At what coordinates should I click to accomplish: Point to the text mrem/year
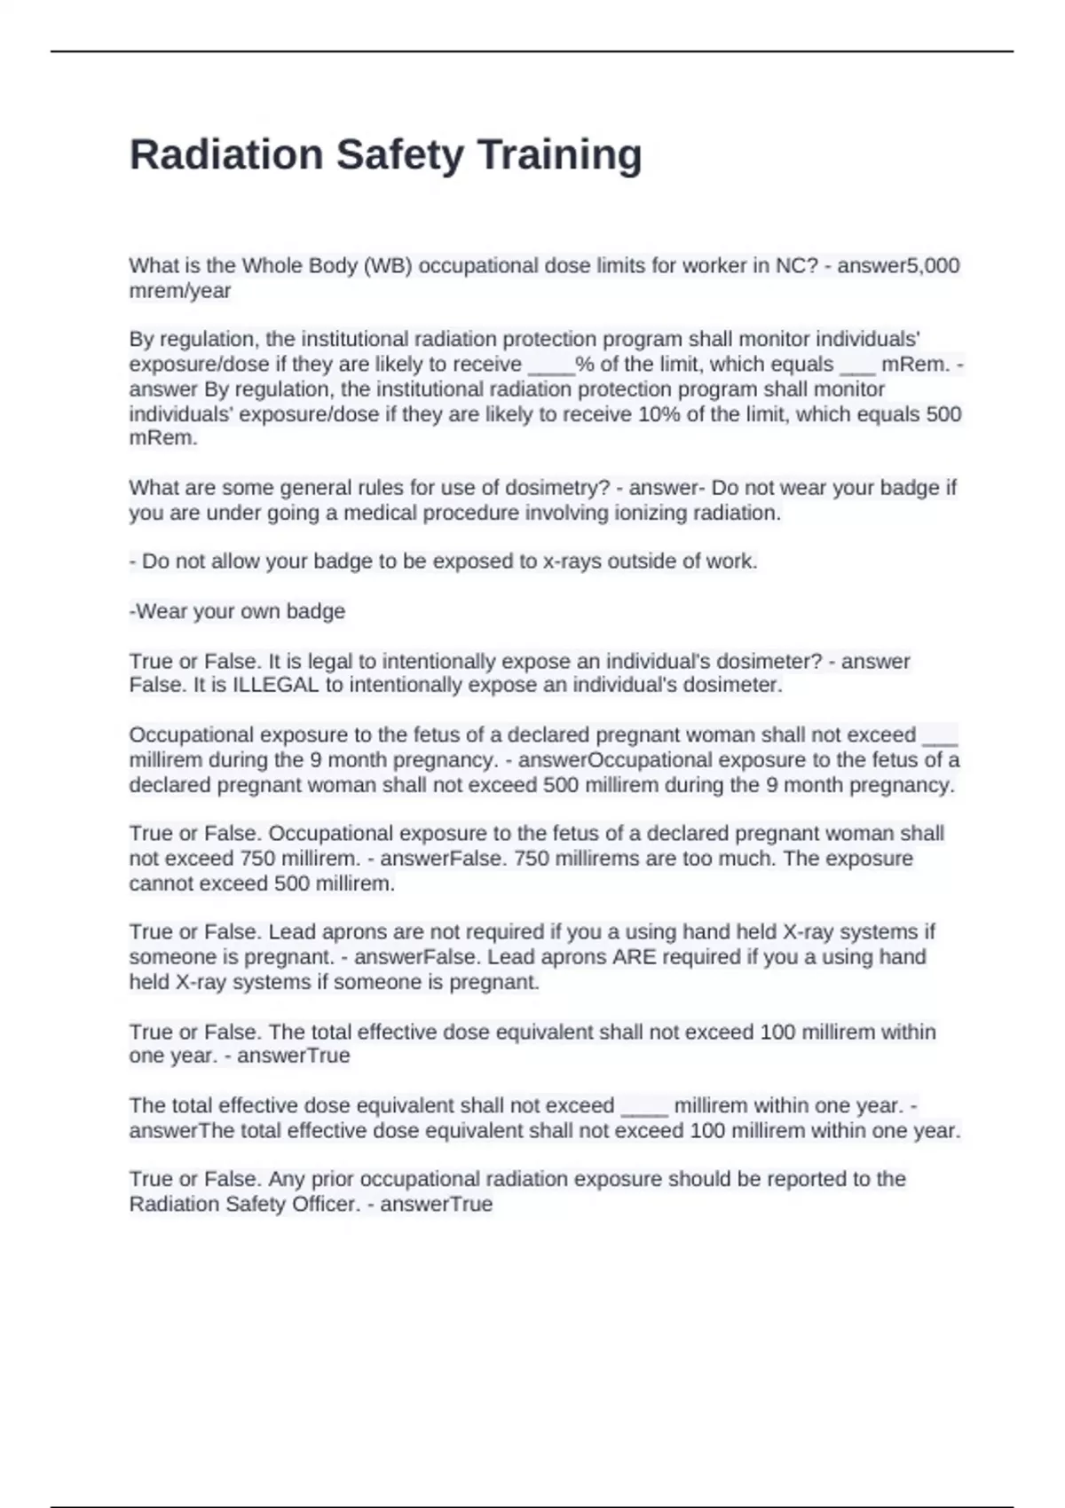[180, 290]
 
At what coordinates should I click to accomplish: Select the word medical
[380, 513]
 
